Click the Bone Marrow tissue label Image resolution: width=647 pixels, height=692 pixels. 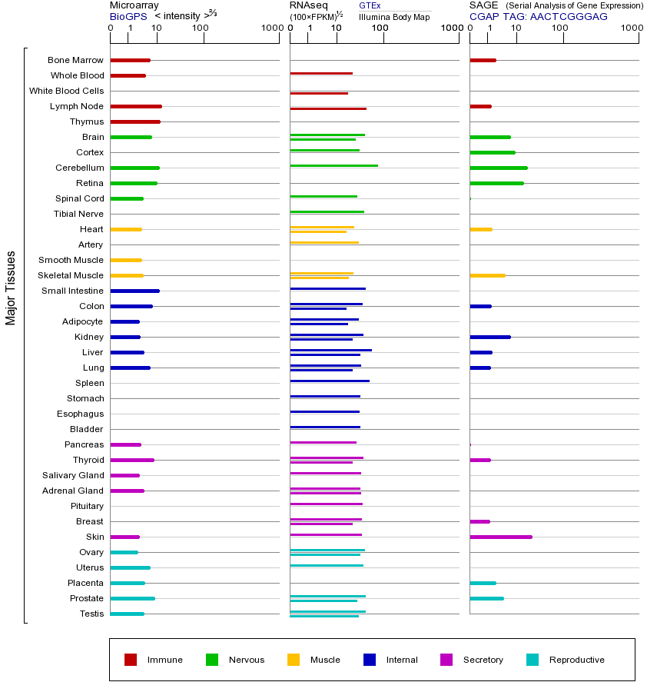pyautogui.click(x=75, y=60)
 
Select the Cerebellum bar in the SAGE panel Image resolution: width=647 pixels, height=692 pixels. pyautogui.click(x=498, y=168)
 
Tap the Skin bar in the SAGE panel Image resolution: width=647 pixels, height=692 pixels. pyautogui.click(x=500, y=537)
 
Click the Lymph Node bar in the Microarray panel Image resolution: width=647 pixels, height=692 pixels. pyautogui.click(x=136, y=106)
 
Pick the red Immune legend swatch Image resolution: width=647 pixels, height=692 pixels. pyautogui.click(x=131, y=660)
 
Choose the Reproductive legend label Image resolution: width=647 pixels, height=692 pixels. pyautogui.click(x=576, y=660)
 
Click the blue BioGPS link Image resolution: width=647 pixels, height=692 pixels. pyautogui.click(x=128, y=16)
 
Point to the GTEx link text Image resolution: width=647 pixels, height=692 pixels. pyautogui.click(x=370, y=5)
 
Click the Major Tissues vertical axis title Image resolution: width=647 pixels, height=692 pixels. pyautogui.click(x=11, y=288)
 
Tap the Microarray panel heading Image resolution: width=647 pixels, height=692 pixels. pyautogui.click(x=134, y=5)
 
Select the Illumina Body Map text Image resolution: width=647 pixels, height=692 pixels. pyautogui.click(x=394, y=16)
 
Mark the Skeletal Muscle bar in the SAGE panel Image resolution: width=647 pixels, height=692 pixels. pyautogui.click(x=487, y=275)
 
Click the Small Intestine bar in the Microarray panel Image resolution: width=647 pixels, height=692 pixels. pyautogui.click(x=134, y=291)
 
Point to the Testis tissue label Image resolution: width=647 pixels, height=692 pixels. pyautogui.click(x=91, y=614)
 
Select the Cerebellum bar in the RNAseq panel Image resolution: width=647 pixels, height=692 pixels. pyautogui.click(x=333, y=165)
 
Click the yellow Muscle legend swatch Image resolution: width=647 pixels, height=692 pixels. pyautogui.click(x=294, y=660)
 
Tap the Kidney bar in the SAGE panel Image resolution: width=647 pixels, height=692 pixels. pyautogui.click(x=489, y=337)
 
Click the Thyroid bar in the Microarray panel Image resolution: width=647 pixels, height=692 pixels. pyautogui.click(x=132, y=460)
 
